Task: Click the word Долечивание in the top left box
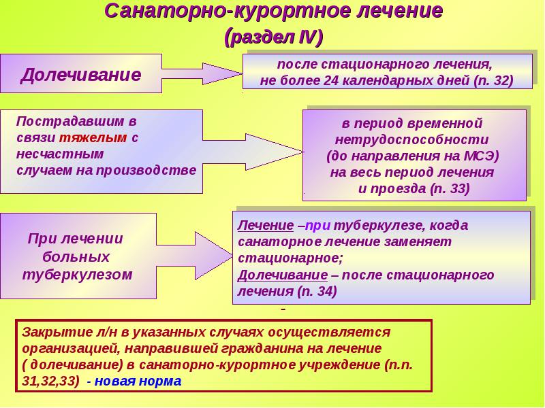click(x=81, y=75)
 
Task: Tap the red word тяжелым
click(x=93, y=138)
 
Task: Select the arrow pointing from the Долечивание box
click(x=202, y=73)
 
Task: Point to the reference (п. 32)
click(x=493, y=81)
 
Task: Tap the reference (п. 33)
click(x=450, y=189)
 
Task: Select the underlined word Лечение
click(x=266, y=226)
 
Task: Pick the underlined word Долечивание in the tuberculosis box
click(x=283, y=275)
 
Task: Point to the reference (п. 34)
click(x=317, y=291)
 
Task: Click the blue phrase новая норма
click(x=138, y=381)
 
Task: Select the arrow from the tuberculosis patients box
click(x=194, y=256)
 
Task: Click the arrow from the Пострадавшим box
click(x=253, y=152)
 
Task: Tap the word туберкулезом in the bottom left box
click(x=77, y=275)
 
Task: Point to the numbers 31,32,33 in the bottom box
click(x=48, y=381)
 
